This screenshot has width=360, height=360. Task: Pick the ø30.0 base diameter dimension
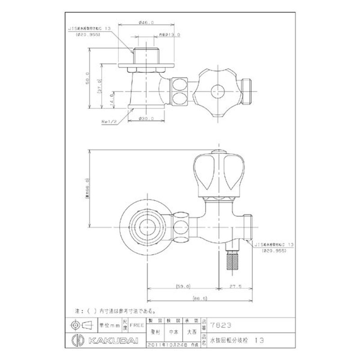tap(147, 119)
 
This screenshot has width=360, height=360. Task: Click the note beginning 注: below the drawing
tap(115, 310)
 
